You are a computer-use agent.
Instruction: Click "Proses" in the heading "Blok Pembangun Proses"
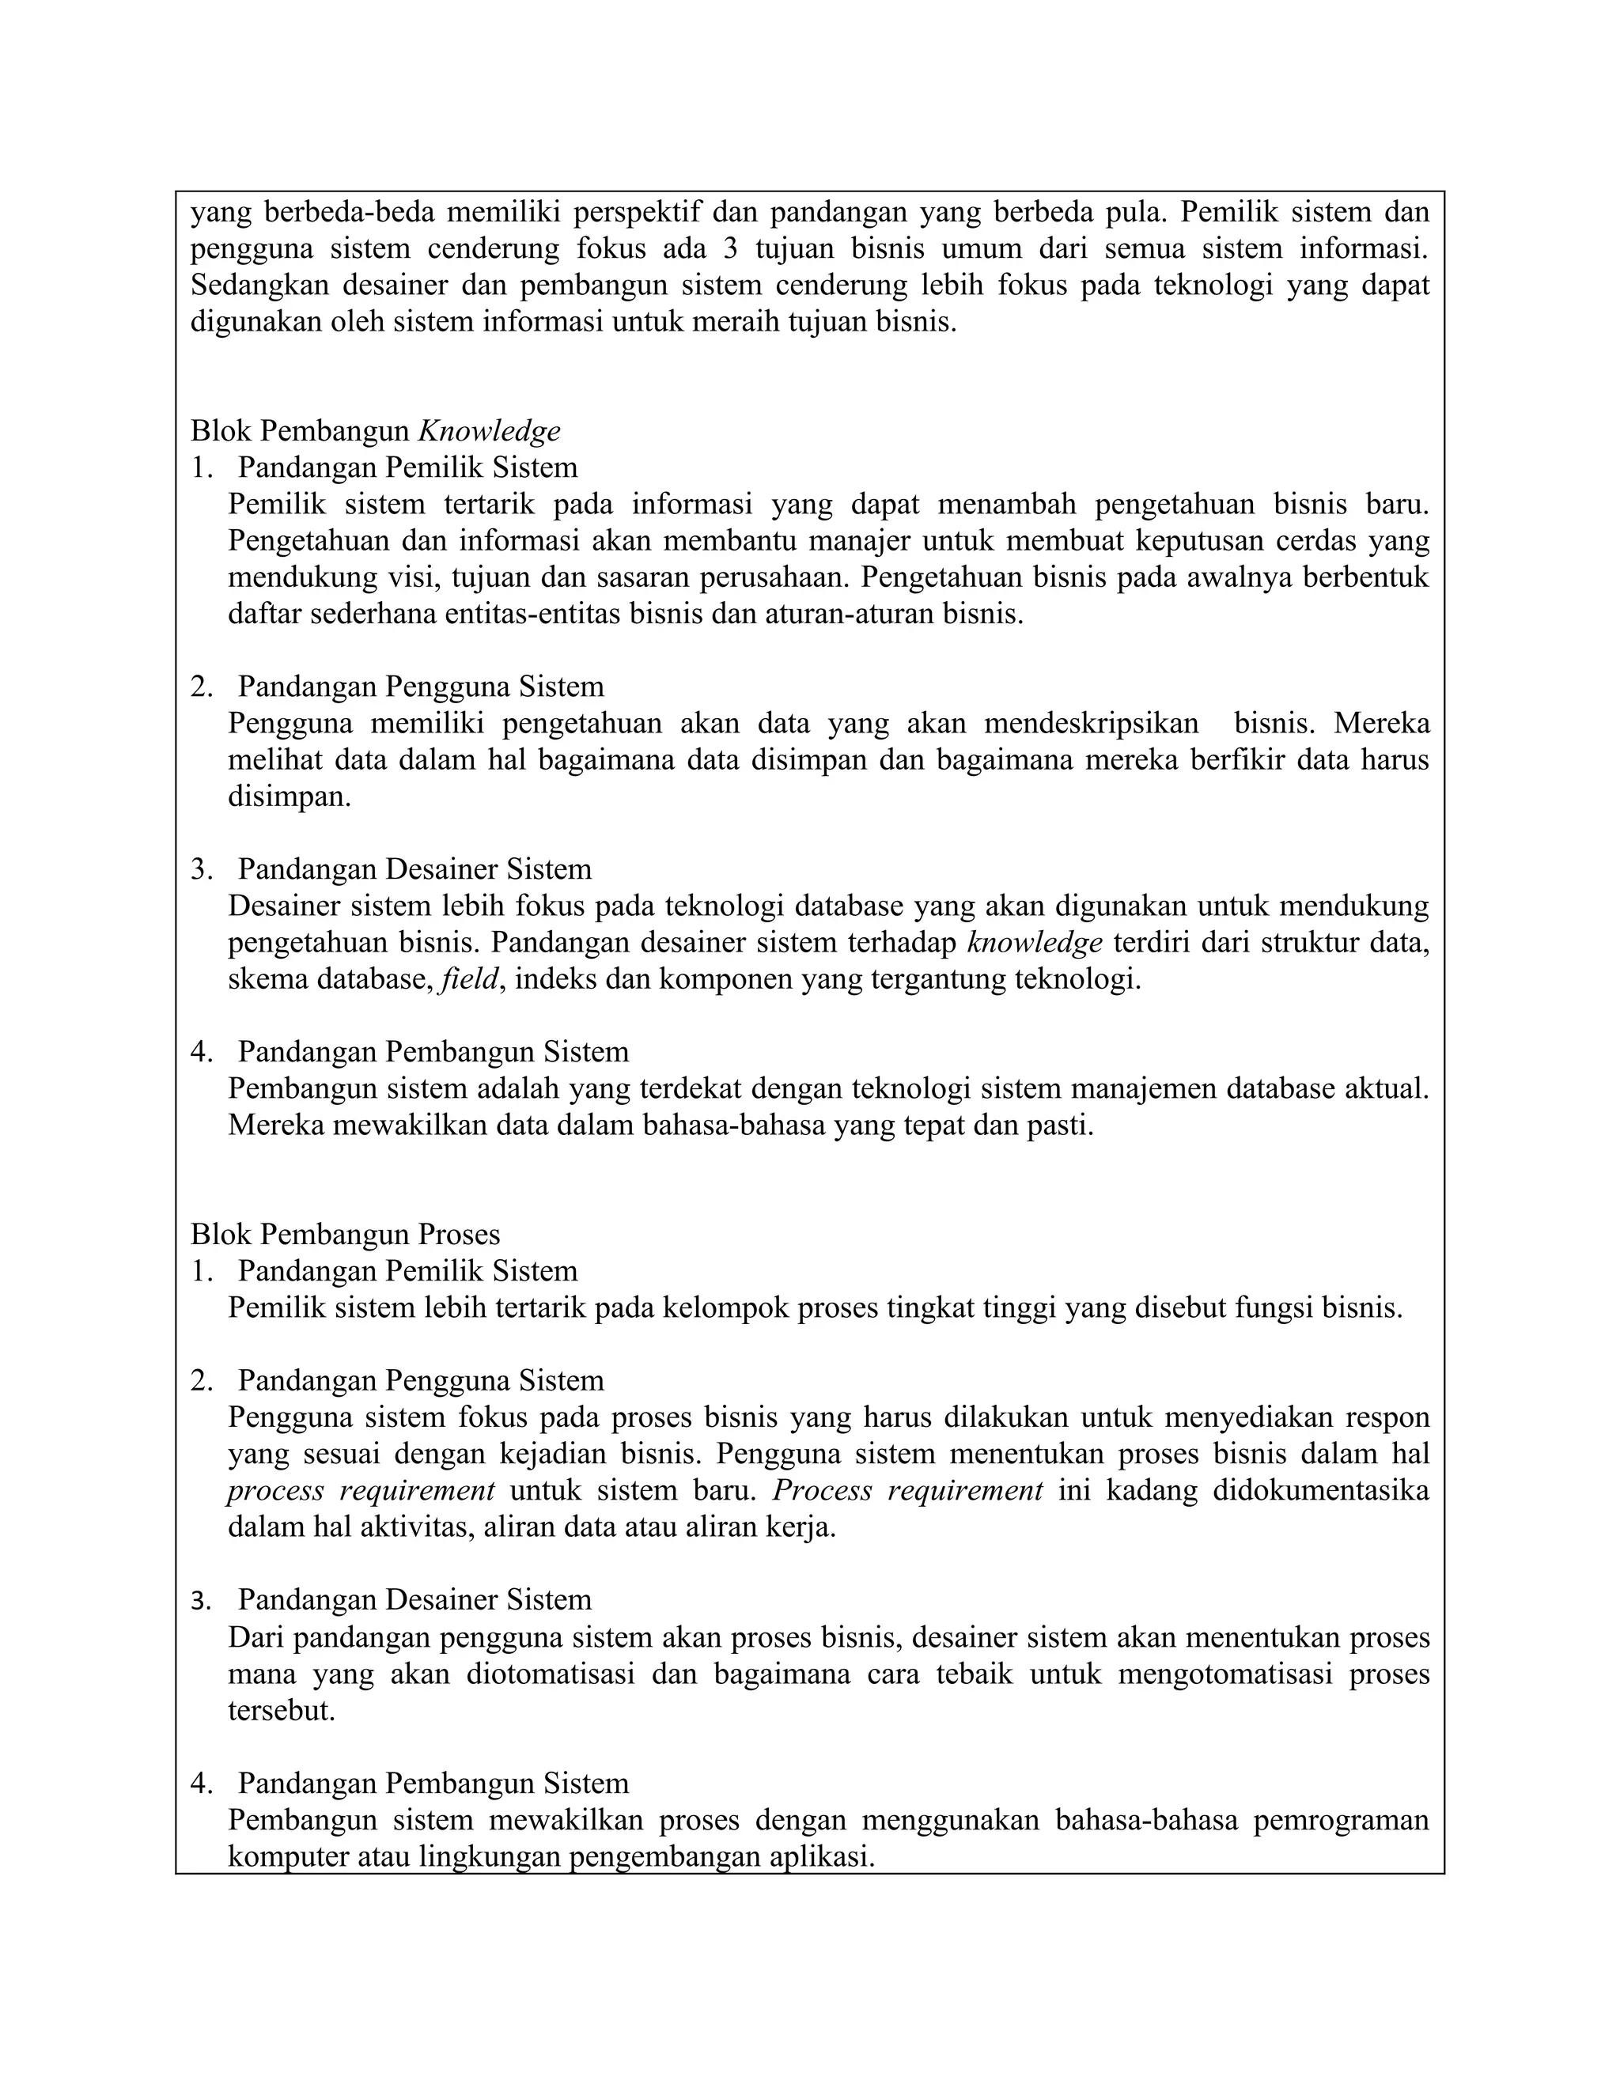(459, 1234)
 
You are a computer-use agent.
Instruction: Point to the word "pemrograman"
(1341, 1821)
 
